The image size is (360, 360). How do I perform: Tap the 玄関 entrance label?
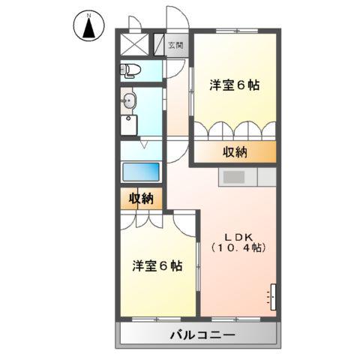(x=175, y=45)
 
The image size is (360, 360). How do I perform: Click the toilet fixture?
(x=130, y=70)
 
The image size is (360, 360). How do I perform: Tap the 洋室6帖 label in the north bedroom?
(x=234, y=85)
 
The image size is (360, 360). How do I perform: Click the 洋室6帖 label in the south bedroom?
(x=157, y=265)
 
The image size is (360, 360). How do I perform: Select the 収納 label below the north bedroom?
(x=235, y=152)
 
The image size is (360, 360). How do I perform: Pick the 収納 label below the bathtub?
(x=140, y=199)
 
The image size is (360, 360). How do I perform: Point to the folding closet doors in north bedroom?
(x=235, y=130)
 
